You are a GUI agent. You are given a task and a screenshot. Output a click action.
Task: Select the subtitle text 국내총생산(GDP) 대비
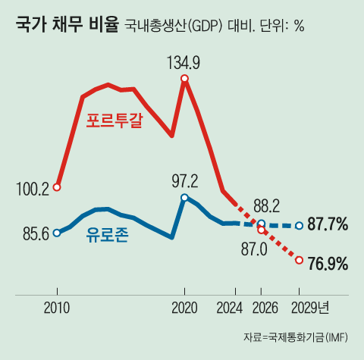coord(183,26)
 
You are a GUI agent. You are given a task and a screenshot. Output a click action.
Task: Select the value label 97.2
coord(184,181)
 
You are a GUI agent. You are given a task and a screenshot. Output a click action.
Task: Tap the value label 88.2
coord(266,205)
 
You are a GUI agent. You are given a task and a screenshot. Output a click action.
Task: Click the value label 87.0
coord(254,247)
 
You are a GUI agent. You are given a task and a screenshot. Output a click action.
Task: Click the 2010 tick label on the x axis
coord(57,307)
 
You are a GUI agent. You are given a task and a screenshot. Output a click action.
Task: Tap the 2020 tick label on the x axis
coord(184,307)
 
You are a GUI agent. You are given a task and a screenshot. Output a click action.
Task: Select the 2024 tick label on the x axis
coord(228,307)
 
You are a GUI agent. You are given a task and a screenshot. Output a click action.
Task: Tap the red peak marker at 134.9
coord(184,78)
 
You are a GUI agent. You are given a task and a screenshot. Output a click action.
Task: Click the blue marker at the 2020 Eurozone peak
coord(184,197)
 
